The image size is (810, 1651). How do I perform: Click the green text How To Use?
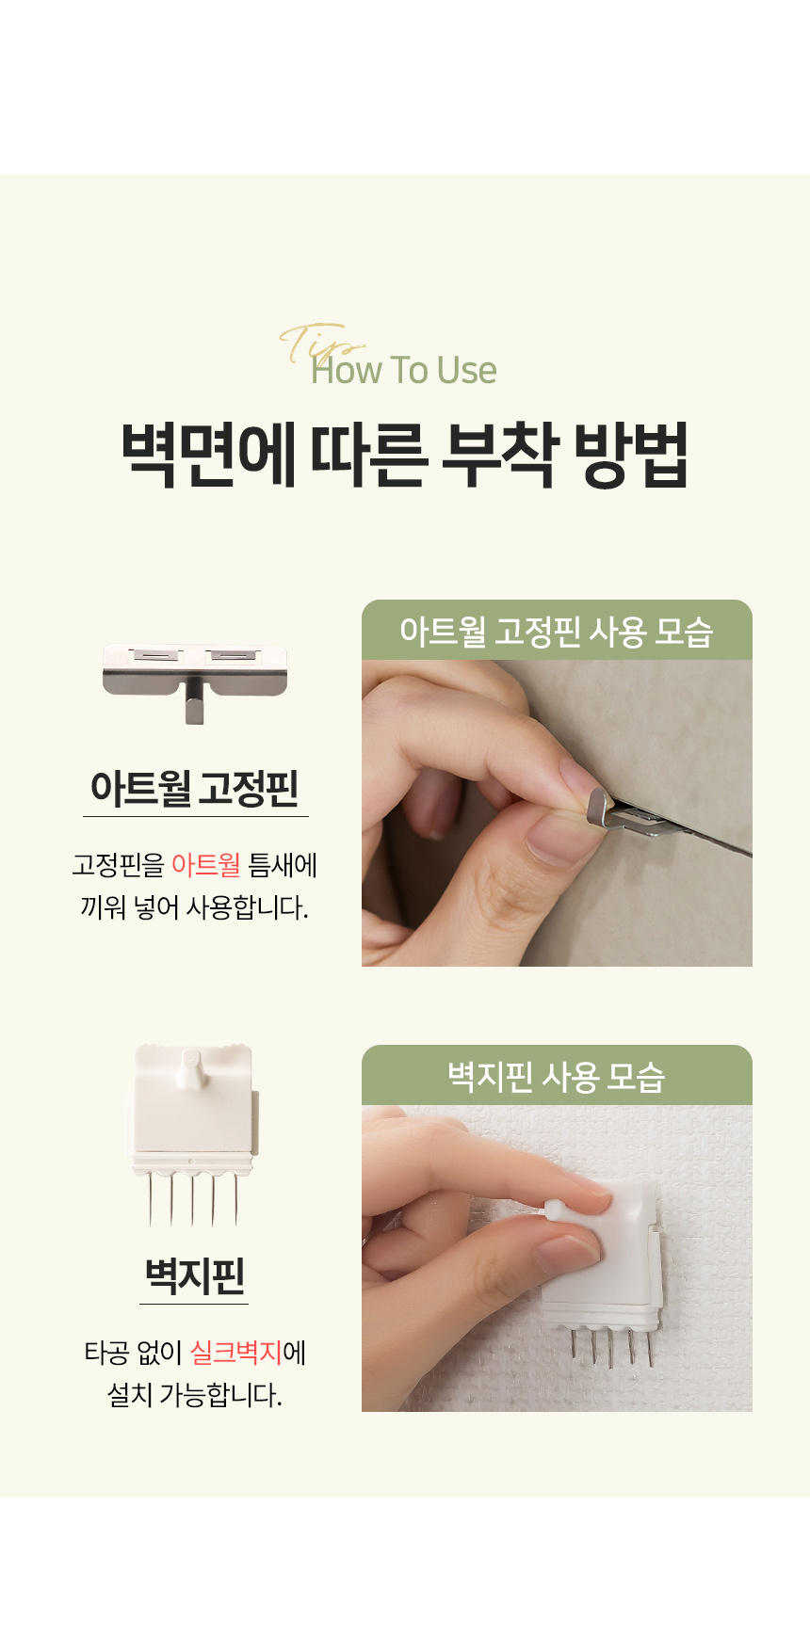pyautogui.click(x=404, y=371)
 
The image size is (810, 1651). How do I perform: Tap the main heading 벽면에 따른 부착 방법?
pyautogui.click(x=405, y=456)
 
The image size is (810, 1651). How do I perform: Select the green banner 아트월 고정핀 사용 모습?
pyautogui.click(x=557, y=631)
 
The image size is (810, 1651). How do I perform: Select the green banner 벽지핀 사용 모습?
pyautogui.click(x=557, y=1076)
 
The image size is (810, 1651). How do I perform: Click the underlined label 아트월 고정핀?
pyautogui.click(x=195, y=788)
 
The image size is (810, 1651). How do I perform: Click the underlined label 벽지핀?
pyautogui.click(x=194, y=1275)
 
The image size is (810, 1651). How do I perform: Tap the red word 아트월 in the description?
pyautogui.click(x=205, y=864)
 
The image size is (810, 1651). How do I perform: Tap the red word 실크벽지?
pyautogui.click(x=235, y=1353)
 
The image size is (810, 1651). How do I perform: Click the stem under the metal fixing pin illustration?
pyautogui.click(x=194, y=706)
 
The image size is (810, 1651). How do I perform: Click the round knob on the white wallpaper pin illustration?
pyautogui.click(x=191, y=1064)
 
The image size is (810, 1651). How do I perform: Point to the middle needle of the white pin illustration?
pyautogui.click(x=193, y=1200)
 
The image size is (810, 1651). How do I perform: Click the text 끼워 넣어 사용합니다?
pyautogui.click(x=195, y=907)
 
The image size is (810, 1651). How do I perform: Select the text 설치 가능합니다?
pyautogui.click(x=195, y=1394)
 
